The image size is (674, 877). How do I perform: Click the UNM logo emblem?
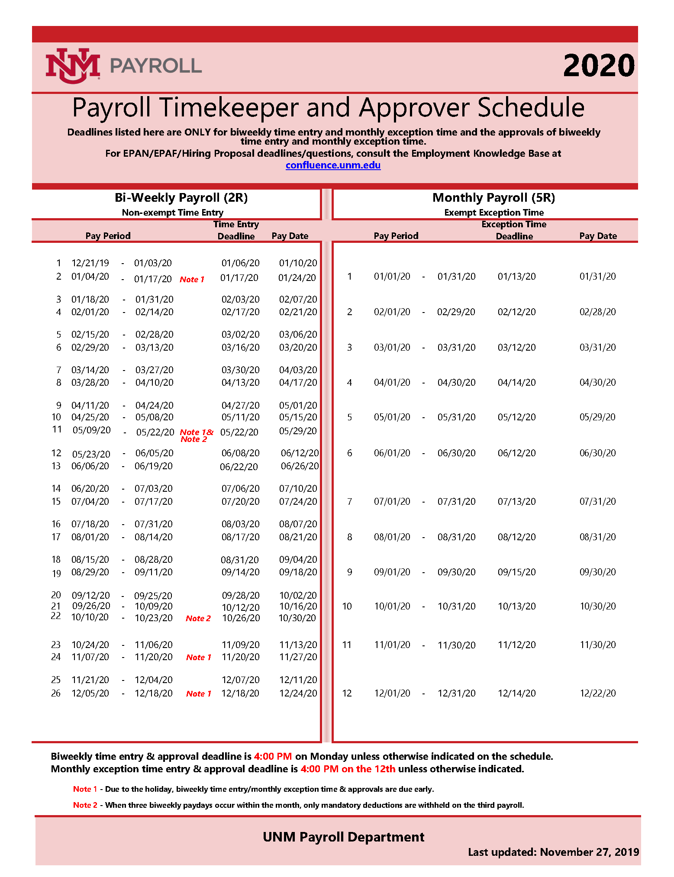click(73, 65)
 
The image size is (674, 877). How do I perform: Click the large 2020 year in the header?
click(599, 66)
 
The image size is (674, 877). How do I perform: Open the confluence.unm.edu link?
click(333, 165)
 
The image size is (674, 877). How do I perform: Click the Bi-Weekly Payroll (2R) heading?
click(181, 198)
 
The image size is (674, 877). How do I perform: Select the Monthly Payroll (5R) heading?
click(493, 198)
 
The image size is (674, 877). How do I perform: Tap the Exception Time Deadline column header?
click(514, 230)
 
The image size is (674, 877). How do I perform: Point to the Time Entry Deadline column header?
click(236, 230)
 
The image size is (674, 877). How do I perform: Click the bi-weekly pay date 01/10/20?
click(298, 263)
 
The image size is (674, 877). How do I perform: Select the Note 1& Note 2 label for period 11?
click(196, 435)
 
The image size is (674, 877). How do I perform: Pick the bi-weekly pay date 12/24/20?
click(298, 693)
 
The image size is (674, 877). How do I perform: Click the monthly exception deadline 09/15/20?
click(516, 572)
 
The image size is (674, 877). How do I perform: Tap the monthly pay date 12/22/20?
click(597, 693)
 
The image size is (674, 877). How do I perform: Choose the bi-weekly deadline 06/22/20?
click(239, 467)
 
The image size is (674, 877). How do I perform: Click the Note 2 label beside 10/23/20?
click(198, 618)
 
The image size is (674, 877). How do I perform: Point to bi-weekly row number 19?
click(56, 573)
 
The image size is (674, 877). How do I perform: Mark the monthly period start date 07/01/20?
click(392, 501)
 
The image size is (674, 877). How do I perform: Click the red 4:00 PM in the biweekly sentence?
click(273, 756)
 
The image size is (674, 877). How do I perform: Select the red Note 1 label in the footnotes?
click(85, 789)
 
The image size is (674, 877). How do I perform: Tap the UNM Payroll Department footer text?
click(343, 837)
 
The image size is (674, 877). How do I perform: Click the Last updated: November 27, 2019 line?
click(553, 852)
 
